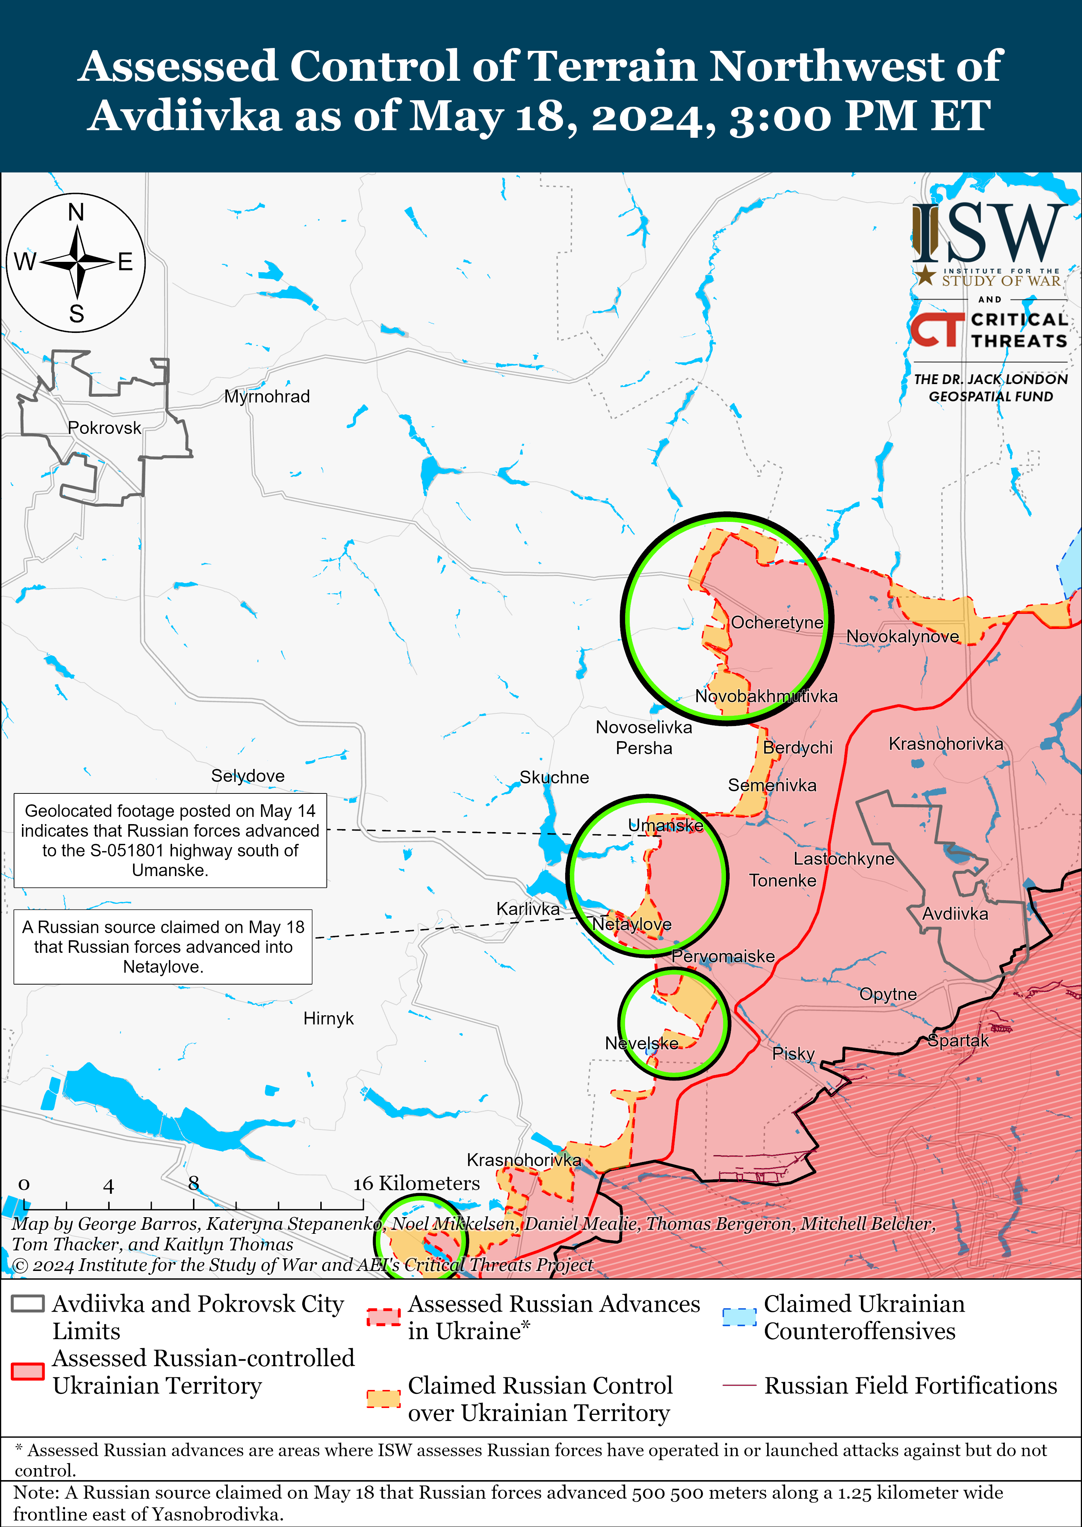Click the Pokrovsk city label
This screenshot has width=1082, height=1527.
[x=105, y=428]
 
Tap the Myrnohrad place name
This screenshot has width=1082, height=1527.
[x=267, y=396]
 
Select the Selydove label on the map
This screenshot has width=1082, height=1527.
[x=248, y=775]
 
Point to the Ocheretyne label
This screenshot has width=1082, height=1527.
[x=777, y=622]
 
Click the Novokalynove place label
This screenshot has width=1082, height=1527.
[x=903, y=636]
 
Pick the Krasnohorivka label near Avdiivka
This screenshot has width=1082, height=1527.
[x=945, y=744]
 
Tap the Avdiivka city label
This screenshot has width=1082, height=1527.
[x=955, y=914]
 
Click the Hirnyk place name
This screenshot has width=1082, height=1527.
[x=329, y=1018]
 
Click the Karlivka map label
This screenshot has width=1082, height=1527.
[x=528, y=909]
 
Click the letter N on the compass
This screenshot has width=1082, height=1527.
[x=76, y=212]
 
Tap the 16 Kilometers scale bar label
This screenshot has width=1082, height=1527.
[x=417, y=1183]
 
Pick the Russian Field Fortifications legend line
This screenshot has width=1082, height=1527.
[x=739, y=1385]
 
